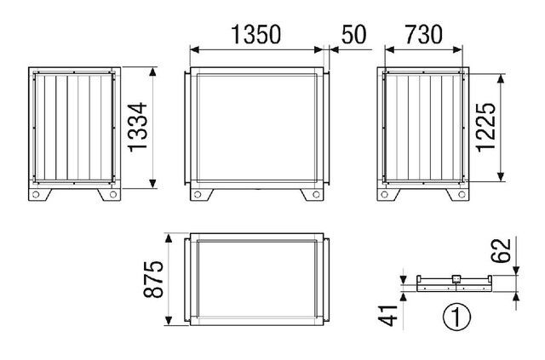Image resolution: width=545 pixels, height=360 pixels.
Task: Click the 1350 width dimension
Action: pyautogui.click(x=255, y=34)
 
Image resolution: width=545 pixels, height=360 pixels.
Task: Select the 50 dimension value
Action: pyautogui.click(x=354, y=34)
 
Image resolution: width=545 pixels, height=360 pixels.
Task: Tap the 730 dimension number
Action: pyautogui.click(x=424, y=34)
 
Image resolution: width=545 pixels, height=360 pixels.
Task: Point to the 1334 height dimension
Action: pyautogui.click(x=138, y=127)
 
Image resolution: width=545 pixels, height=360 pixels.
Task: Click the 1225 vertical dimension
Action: pyautogui.click(x=485, y=127)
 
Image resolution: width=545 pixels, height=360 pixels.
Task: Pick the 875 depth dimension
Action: pyautogui.click(x=153, y=279)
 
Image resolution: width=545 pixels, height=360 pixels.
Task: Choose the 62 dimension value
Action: pyautogui.click(x=501, y=250)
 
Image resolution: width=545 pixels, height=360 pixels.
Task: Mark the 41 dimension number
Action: pyautogui.click(x=387, y=316)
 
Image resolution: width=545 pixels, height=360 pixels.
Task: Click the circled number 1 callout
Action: pyautogui.click(x=456, y=317)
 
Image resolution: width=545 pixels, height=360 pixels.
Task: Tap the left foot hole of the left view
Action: pyautogui.click(x=36, y=195)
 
